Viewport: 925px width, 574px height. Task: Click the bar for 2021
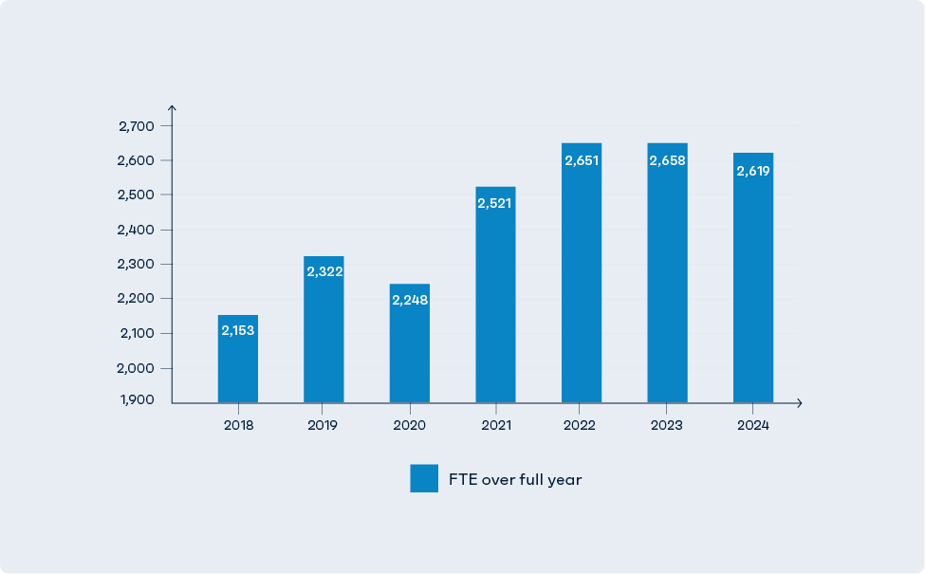click(x=495, y=304)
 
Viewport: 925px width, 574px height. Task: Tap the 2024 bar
click(x=753, y=285)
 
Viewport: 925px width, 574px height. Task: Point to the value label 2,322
click(x=324, y=271)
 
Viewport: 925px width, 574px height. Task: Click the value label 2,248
click(x=410, y=300)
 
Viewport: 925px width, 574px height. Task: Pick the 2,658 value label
click(x=667, y=160)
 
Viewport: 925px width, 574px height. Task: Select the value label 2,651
click(x=582, y=160)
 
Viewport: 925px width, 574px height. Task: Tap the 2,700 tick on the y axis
click(x=137, y=126)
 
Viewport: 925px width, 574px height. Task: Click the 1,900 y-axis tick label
click(x=137, y=400)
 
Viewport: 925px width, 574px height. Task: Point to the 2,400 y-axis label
click(x=137, y=230)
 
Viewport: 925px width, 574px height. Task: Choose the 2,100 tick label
click(x=137, y=333)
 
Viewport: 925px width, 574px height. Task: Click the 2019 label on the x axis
click(x=324, y=426)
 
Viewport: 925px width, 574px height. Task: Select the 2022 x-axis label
click(x=581, y=426)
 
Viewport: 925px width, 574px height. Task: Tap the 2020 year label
click(x=409, y=426)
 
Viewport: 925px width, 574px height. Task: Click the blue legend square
click(x=424, y=478)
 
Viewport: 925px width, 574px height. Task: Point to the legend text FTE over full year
click(x=515, y=480)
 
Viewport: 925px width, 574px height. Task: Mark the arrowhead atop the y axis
click(x=172, y=109)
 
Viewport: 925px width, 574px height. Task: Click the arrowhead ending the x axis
click(x=799, y=403)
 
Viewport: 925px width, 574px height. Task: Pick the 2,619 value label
click(x=753, y=171)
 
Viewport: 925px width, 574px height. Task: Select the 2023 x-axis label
click(x=667, y=426)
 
